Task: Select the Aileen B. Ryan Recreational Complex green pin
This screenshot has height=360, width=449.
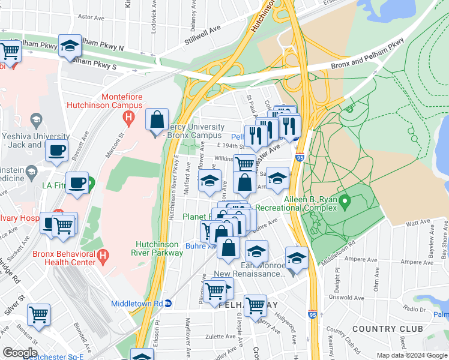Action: point(345,200)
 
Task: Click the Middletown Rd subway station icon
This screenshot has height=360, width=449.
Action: point(169,303)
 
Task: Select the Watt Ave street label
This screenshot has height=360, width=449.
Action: point(419,223)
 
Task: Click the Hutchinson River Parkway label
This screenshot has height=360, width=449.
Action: point(159,248)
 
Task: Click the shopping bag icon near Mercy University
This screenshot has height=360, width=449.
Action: point(157,119)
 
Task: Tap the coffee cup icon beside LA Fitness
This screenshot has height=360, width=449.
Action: point(76,182)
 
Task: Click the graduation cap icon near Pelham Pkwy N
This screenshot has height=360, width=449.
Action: point(70,45)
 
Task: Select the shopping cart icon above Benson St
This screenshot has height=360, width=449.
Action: point(38,314)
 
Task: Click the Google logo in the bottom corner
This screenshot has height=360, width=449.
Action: point(19,353)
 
